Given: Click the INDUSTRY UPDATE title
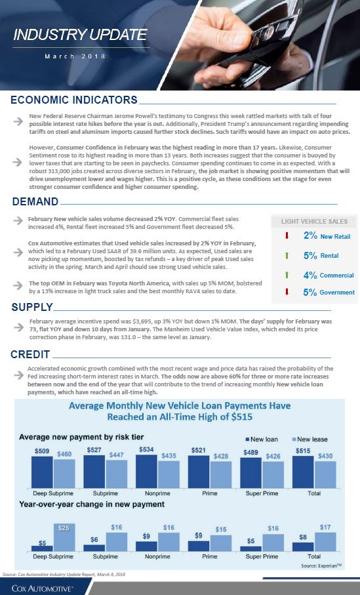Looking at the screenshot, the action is (80, 35).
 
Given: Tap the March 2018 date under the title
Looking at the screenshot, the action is (75, 56).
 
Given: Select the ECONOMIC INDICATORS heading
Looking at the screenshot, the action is (74, 100).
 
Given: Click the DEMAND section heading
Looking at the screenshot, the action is (35, 201).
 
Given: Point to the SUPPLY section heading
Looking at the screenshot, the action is (32, 307).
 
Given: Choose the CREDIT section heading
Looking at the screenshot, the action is (30, 354).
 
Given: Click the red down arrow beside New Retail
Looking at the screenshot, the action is (287, 236).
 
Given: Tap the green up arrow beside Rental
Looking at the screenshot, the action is (287, 255).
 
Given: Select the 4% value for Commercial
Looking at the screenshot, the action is (310, 276).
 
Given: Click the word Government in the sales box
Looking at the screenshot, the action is (337, 293).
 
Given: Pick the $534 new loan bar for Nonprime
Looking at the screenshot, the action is (146, 471).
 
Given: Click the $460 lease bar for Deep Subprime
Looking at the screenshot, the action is (64, 474).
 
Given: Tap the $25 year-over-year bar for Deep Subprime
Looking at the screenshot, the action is (64, 537).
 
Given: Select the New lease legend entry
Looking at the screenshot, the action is (310, 440).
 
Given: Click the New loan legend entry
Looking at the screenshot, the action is (262, 440).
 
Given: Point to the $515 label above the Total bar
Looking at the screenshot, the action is (303, 451).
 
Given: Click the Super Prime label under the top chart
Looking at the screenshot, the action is (262, 493).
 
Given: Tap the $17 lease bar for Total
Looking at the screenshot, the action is (325, 542).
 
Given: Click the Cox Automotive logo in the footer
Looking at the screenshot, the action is (42, 588).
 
